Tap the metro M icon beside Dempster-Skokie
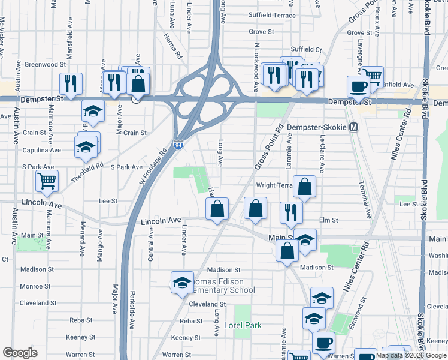coord(354,127)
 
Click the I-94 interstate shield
coord(178,145)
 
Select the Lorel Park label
coord(243,326)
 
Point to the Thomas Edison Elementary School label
coord(223,286)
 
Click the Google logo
coord(20,353)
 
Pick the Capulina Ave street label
coord(41,150)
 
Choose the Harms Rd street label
coord(171,46)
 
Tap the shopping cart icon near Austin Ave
coord(47,180)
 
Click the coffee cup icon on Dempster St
coord(358,86)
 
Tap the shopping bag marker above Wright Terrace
coord(305,187)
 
